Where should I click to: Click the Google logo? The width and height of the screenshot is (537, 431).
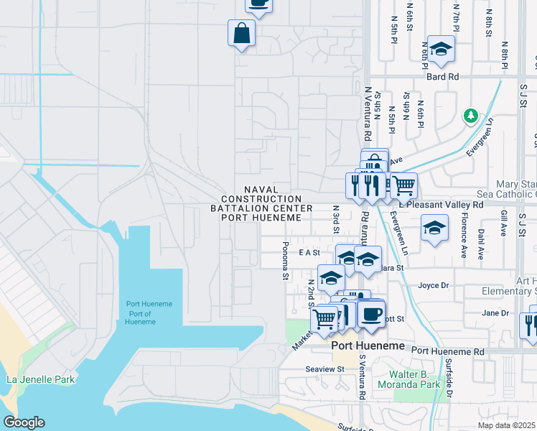click(24, 422)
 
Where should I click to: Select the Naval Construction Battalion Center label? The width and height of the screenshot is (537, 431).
click(261, 203)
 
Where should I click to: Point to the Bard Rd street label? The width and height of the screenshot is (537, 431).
click(442, 77)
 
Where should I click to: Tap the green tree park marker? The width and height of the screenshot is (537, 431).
click(471, 116)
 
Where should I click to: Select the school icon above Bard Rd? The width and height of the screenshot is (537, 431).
click(441, 49)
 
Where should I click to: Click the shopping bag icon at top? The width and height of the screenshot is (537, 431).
click(242, 32)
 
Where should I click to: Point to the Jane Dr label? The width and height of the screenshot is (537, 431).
click(495, 313)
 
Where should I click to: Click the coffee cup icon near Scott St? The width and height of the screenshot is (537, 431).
click(370, 315)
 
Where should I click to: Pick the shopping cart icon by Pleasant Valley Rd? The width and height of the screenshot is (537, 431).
click(403, 185)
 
